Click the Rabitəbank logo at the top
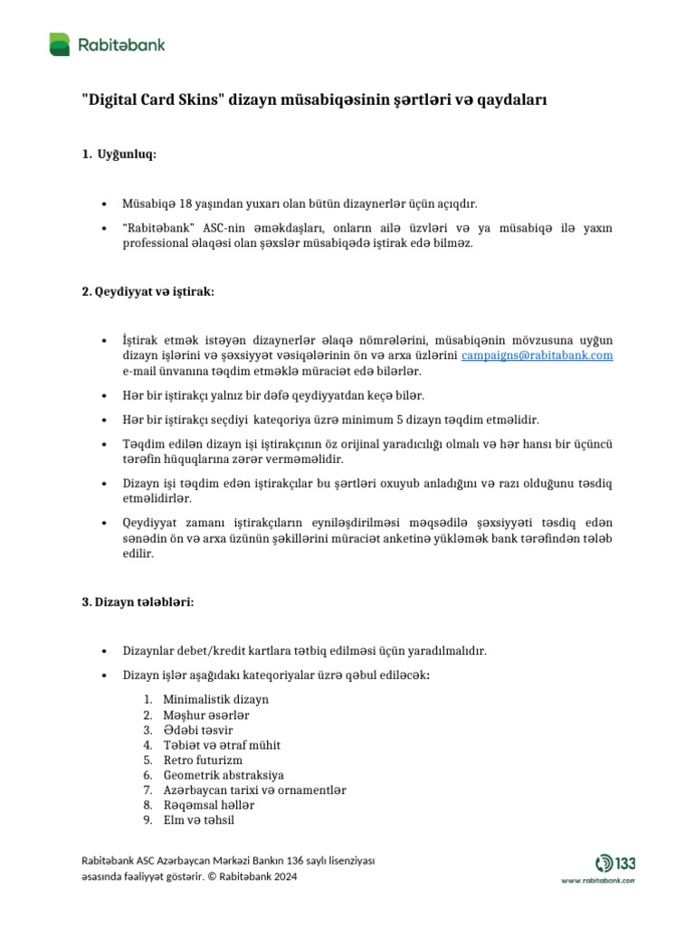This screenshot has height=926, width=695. point(107,43)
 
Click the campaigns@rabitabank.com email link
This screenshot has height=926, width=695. point(537,355)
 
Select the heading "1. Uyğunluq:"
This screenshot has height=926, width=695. point(119,155)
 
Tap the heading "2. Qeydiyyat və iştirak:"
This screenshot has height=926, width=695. point(148,291)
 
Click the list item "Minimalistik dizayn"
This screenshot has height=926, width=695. point(215,699)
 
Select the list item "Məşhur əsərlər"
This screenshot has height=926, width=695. point(205,714)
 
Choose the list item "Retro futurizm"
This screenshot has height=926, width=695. point(203,760)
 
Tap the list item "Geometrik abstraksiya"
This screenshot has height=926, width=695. point(224,775)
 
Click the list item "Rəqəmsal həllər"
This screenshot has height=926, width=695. point(208,805)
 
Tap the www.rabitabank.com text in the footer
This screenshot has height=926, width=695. point(598,879)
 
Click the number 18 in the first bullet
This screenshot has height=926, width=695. point(186,204)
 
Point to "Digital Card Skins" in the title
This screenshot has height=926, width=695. point(153,101)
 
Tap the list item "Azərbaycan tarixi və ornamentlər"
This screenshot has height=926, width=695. point(254,789)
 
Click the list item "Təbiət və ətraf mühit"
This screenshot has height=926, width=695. point(222,745)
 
